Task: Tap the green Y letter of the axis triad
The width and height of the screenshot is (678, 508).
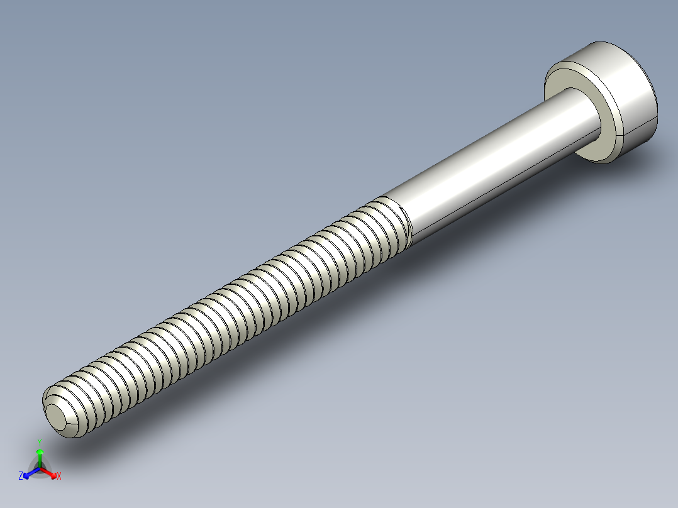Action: point(40,441)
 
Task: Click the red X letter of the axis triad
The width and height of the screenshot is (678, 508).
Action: point(59,477)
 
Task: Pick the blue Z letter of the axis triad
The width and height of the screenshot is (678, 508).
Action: point(21,477)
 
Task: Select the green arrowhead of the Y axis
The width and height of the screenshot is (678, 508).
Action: point(40,451)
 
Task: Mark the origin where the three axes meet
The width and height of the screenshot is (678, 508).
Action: point(40,468)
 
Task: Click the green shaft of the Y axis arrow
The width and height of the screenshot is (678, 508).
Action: point(40,460)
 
